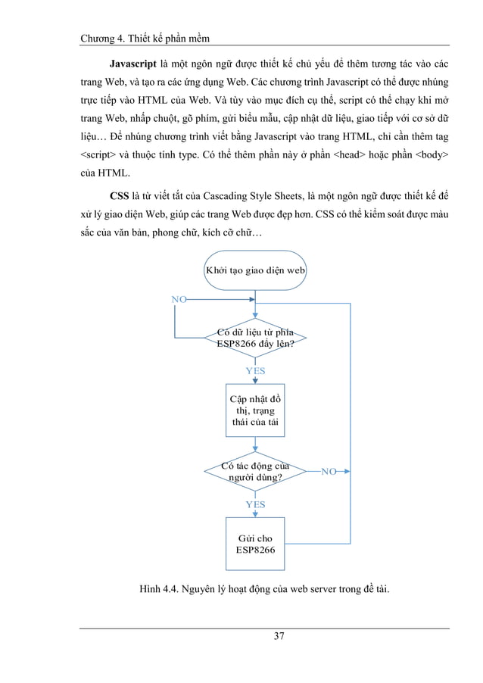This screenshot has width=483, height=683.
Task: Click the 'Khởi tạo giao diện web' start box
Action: [x=255, y=270]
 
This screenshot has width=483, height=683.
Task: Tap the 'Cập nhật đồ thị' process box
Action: [x=255, y=410]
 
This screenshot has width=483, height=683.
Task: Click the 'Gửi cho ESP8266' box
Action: [x=255, y=544]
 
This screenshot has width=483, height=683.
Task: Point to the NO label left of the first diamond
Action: [x=179, y=300]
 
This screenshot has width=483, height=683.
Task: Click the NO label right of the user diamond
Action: [x=329, y=471]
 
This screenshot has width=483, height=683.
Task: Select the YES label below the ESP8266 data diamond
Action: [x=255, y=371]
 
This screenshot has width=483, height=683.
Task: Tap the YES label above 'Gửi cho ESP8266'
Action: [x=255, y=504]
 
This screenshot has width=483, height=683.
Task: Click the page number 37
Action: [x=279, y=635]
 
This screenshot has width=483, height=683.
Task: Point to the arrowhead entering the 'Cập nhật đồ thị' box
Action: [x=255, y=380]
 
